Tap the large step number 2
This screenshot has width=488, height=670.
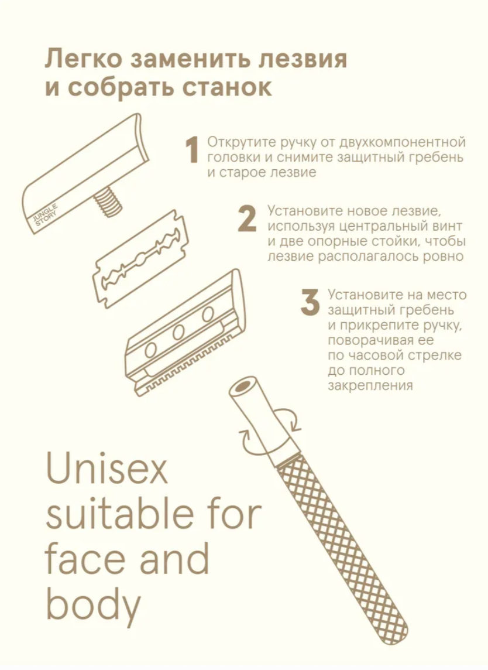coord(247,219)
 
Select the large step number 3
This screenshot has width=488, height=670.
coord(310,302)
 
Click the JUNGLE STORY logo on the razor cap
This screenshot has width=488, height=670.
coord(46,216)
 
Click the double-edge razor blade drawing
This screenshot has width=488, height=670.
coord(140,258)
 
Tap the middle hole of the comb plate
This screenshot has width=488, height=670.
coord(178,332)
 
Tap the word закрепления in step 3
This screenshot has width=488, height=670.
coord(370,386)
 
